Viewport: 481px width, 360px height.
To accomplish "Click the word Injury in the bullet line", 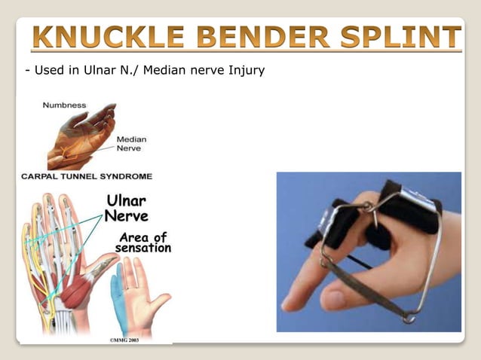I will pyautogui.click(x=245, y=72).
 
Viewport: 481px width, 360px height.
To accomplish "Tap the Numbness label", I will pyautogui.click(x=64, y=105).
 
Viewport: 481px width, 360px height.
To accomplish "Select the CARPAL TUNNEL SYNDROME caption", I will pyautogui.click(x=86, y=176).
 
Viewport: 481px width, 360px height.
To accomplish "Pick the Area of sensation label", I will pyautogui.click(x=143, y=243).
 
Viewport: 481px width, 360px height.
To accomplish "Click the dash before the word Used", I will pyautogui.click(x=27, y=72).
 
